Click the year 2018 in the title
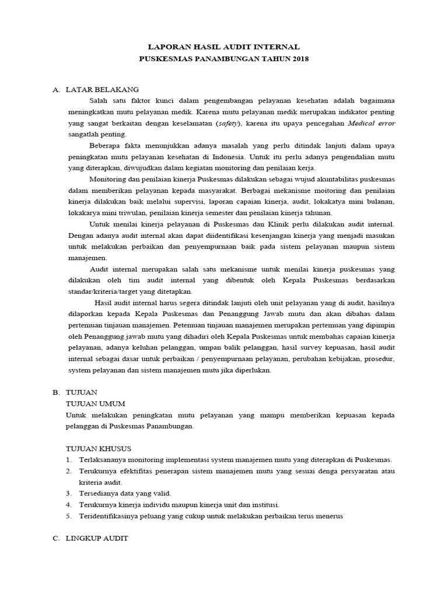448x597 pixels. coord(299,59)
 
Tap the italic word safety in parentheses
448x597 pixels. coord(228,124)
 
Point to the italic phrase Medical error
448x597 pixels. coord(371,124)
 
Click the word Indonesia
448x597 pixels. coord(230,157)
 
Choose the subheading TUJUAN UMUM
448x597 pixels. coord(96,403)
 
